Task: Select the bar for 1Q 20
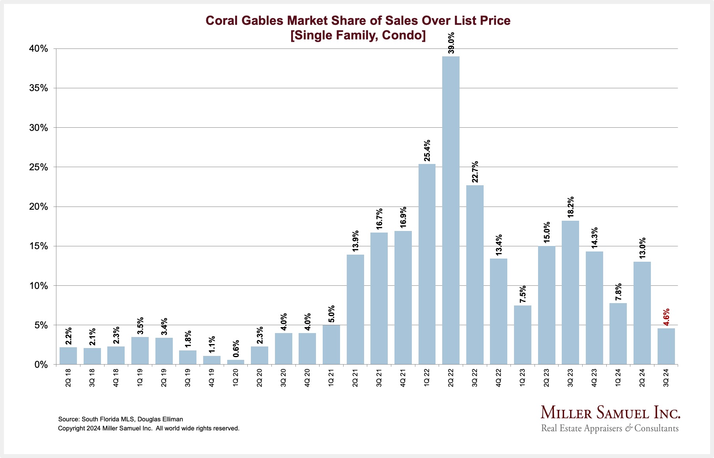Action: point(236,362)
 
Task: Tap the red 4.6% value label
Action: point(666,317)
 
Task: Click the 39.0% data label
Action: point(451,43)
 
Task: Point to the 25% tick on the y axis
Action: point(38,168)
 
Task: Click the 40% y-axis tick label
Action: point(38,49)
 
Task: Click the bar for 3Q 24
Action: point(666,346)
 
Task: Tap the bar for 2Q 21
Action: point(355,309)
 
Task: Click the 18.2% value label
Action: point(570,207)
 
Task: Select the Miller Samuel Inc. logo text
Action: point(610,413)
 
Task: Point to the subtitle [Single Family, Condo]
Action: point(358,35)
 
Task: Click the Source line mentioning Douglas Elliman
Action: point(120,419)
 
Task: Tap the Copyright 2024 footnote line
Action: point(148,428)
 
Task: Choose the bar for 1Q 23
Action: point(522,335)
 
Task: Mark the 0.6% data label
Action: point(236,349)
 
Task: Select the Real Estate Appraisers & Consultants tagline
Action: point(609,428)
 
